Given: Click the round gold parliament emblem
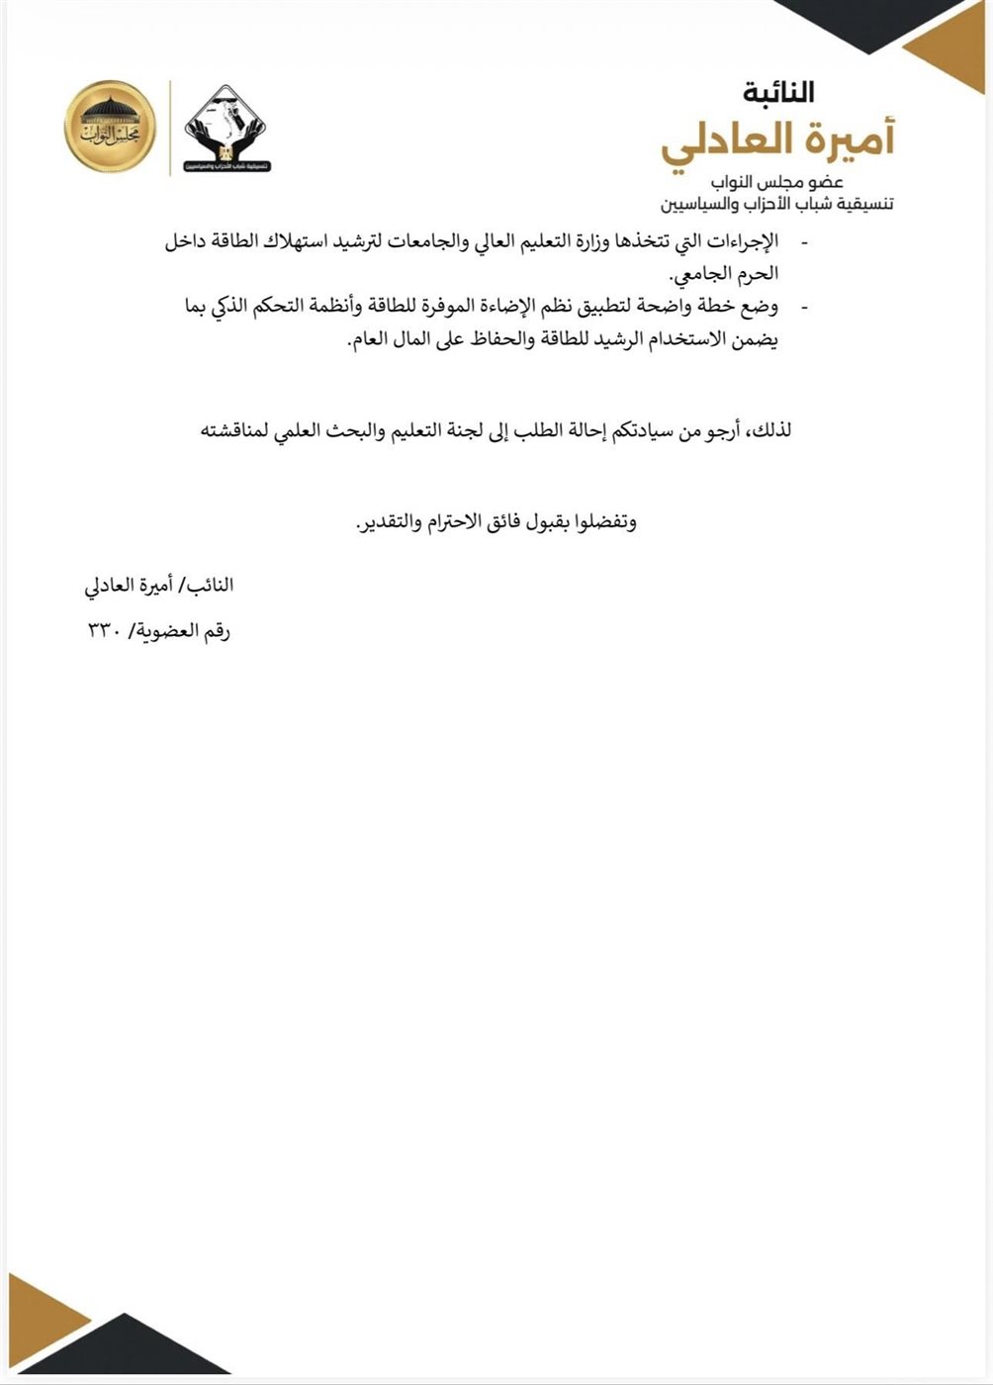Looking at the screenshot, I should point(111,127).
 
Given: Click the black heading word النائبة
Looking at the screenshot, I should point(778,93).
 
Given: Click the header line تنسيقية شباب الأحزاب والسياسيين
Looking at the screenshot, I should point(777,205).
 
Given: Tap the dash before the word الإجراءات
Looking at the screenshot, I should point(802,242).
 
